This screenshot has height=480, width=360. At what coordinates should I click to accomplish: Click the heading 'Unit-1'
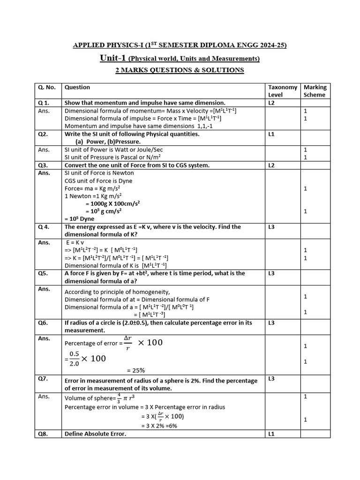[x=113, y=58]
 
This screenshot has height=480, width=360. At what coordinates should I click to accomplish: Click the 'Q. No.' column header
[x=47, y=87]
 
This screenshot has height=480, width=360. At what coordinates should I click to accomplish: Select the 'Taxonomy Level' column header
[x=282, y=91]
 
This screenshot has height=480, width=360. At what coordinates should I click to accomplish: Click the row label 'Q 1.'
[x=44, y=103]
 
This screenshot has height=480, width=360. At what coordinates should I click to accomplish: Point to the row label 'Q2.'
[x=43, y=134]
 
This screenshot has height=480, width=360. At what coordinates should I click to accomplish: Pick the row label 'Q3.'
[x=43, y=165]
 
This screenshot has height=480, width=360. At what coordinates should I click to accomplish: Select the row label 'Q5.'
[x=43, y=273]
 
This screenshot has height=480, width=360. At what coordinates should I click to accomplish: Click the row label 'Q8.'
[x=43, y=434]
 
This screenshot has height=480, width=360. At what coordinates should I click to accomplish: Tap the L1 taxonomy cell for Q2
[x=271, y=134]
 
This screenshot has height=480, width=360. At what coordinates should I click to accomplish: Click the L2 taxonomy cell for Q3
[x=271, y=165]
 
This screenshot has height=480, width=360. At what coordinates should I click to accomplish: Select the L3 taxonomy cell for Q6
[x=271, y=323]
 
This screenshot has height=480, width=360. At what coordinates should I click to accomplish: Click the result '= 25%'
[x=136, y=370]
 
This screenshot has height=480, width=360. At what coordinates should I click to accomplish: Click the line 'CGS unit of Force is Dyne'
[x=98, y=180]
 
